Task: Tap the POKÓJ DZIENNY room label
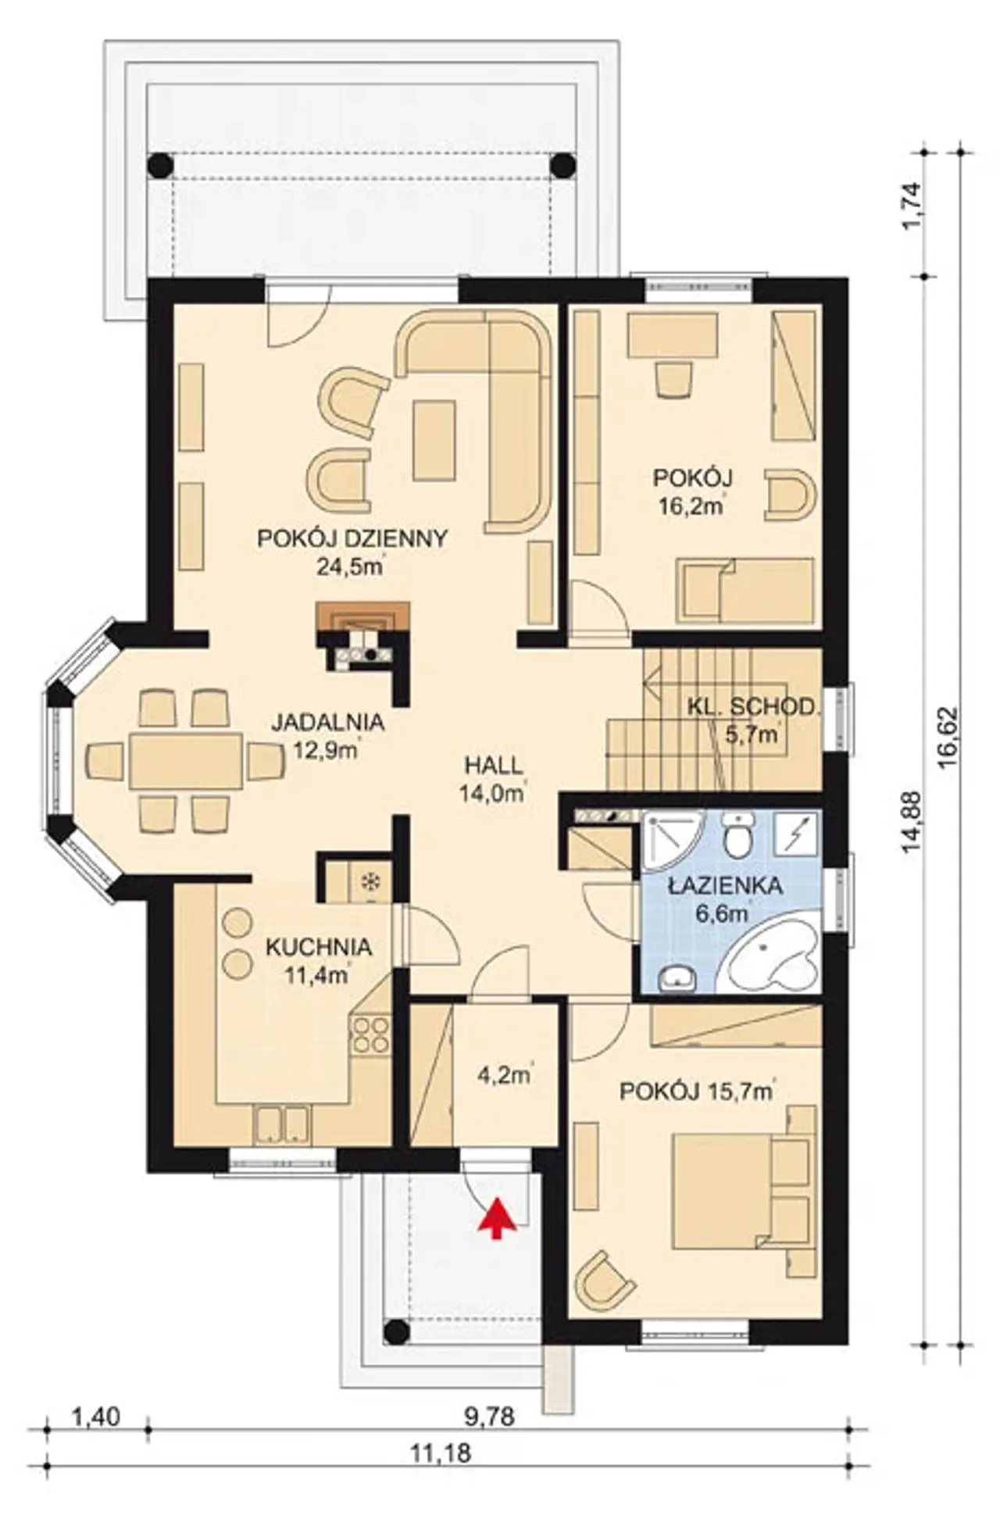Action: [x=352, y=538]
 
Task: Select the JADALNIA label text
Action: [x=328, y=722]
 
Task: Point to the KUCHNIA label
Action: [x=319, y=947]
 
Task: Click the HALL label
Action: [x=493, y=765]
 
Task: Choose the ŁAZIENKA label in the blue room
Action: [x=726, y=886]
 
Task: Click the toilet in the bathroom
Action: [x=737, y=835]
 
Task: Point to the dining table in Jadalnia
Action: [x=185, y=760]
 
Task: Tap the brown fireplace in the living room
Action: [x=363, y=616]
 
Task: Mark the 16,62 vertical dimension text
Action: [x=950, y=739]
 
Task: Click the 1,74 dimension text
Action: [x=912, y=206]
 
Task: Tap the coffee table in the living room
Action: [x=434, y=440]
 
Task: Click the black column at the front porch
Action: [x=396, y=1331]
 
